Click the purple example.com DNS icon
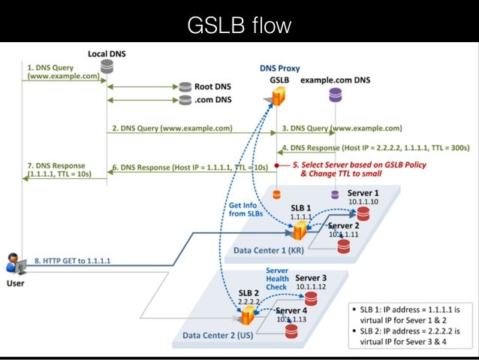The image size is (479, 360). click(334, 95)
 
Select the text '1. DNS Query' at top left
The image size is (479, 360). click(50, 66)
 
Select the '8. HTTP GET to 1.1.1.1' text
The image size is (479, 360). click(72, 262)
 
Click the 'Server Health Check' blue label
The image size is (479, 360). click(277, 278)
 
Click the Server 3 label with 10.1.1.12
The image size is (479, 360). click(311, 283)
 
